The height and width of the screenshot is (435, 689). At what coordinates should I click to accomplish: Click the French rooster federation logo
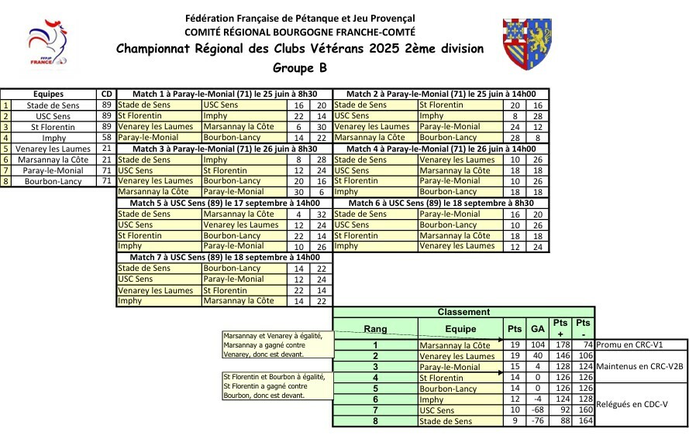point(48,45)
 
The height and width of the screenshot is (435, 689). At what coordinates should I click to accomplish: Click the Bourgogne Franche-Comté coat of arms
point(527,45)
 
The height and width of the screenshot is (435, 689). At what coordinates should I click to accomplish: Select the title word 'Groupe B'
point(300,67)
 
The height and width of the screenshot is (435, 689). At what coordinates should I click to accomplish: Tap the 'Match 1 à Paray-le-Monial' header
point(224,94)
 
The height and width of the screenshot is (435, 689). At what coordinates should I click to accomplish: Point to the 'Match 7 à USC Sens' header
point(225,257)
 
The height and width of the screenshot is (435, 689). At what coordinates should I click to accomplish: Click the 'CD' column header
point(107,94)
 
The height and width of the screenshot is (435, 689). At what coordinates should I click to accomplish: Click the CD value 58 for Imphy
point(107,138)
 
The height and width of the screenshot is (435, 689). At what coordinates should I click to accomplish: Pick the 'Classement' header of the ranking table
point(463,312)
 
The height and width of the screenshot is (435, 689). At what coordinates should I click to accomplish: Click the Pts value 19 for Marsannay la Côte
point(515,345)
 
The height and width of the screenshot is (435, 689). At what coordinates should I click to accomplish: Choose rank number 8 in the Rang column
point(375,421)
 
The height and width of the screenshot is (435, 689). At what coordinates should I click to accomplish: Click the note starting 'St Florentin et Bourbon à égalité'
point(277,385)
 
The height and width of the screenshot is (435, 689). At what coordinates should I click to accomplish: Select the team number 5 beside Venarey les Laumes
point(6,149)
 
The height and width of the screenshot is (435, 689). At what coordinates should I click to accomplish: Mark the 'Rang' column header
point(375,328)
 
